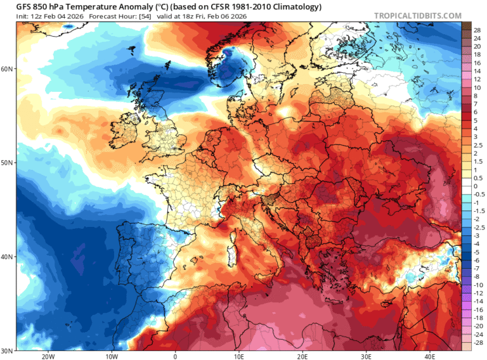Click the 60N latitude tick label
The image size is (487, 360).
[x=8, y=68]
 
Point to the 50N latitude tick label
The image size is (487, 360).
[x=8, y=163]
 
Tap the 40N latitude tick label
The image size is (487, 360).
[x=8, y=257]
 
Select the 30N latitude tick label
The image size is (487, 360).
[x=8, y=351]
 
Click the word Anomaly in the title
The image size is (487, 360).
[x=125, y=6]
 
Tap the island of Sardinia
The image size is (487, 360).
[x=232, y=254]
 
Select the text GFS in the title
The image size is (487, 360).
[x=24, y=6]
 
